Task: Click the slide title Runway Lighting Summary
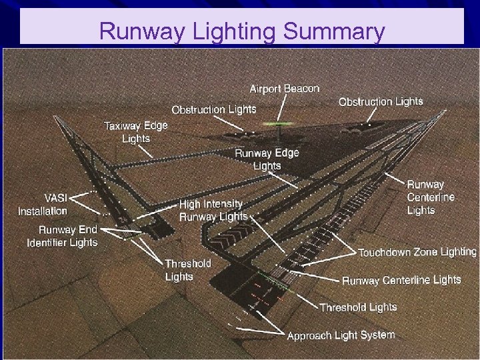241,31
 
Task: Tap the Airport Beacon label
285,89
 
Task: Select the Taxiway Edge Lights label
135,132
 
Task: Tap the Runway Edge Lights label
267,159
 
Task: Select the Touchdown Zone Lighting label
417,252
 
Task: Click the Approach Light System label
341,335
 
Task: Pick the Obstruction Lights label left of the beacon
213,109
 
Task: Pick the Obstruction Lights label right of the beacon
381,101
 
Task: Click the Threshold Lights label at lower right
358,307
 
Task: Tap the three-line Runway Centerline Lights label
430,197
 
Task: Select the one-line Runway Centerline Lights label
401,280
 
